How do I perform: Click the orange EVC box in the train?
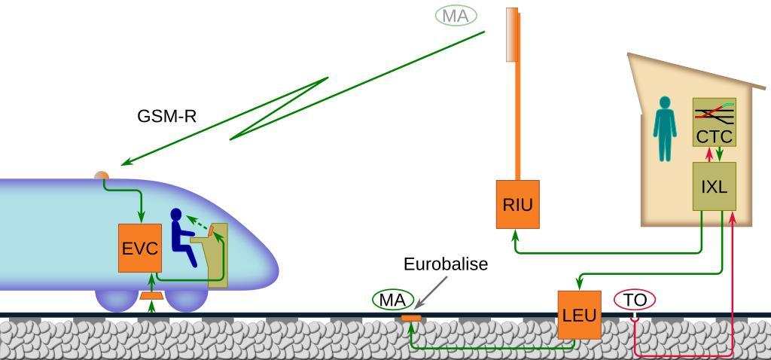coord(139,248)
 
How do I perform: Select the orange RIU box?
coord(517,203)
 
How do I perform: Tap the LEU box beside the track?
coord(579,315)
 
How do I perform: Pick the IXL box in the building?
coord(714,185)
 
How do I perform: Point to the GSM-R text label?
coord(166,116)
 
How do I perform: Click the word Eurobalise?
coord(446,264)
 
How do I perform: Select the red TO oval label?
coord(635,300)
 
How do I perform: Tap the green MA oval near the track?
coord(392,300)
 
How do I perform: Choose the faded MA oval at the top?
coord(456,15)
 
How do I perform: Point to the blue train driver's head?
coord(177,215)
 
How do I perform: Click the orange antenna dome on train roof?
coord(102,177)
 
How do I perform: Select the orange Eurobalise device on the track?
coord(410,319)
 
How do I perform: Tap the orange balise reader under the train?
coord(152,296)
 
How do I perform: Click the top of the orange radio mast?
coord(512,11)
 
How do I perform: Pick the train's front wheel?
coord(187,299)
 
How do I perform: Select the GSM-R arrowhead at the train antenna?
coord(125,163)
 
